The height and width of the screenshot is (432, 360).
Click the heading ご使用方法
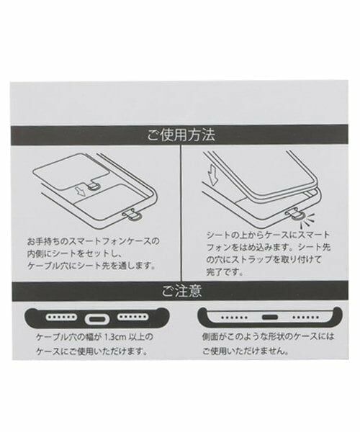(x=181, y=135)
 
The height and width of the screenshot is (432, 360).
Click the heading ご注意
(x=181, y=291)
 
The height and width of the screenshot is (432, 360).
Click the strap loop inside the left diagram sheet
(x=93, y=188)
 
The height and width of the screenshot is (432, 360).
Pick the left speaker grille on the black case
(x=61, y=317)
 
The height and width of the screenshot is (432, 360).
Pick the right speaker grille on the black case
(x=132, y=317)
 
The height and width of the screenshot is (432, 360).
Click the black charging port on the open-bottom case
(x=270, y=317)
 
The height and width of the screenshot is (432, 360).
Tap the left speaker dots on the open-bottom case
(x=235, y=318)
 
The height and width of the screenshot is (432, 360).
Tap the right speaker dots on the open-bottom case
(x=305, y=318)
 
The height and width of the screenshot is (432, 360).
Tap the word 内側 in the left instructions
(x=35, y=253)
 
